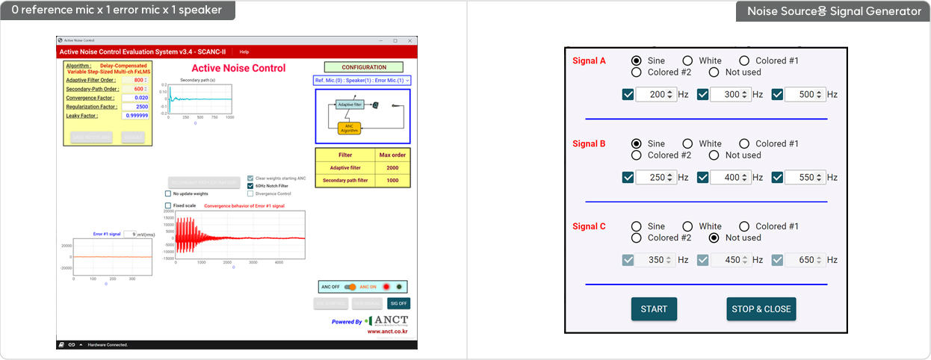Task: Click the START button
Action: tap(654, 309)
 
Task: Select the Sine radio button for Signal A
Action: tap(637, 60)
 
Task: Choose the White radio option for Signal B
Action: tap(687, 143)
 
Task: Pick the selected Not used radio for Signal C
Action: tap(714, 238)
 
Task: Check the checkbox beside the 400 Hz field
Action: tap(703, 178)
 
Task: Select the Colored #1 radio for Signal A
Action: tap(744, 60)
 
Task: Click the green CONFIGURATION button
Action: tap(364, 67)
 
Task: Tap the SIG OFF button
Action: tap(398, 303)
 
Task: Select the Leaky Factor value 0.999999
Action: tap(136, 116)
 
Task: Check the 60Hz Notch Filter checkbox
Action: tap(251, 186)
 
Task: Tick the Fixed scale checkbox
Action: tap(168, 205)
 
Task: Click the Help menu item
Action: tap(244, 52)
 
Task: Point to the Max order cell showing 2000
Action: tap(392, 168)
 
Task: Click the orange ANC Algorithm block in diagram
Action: tap(349, 128)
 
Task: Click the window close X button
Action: tap(410, 40)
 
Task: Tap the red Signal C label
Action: tap(590, 226)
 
